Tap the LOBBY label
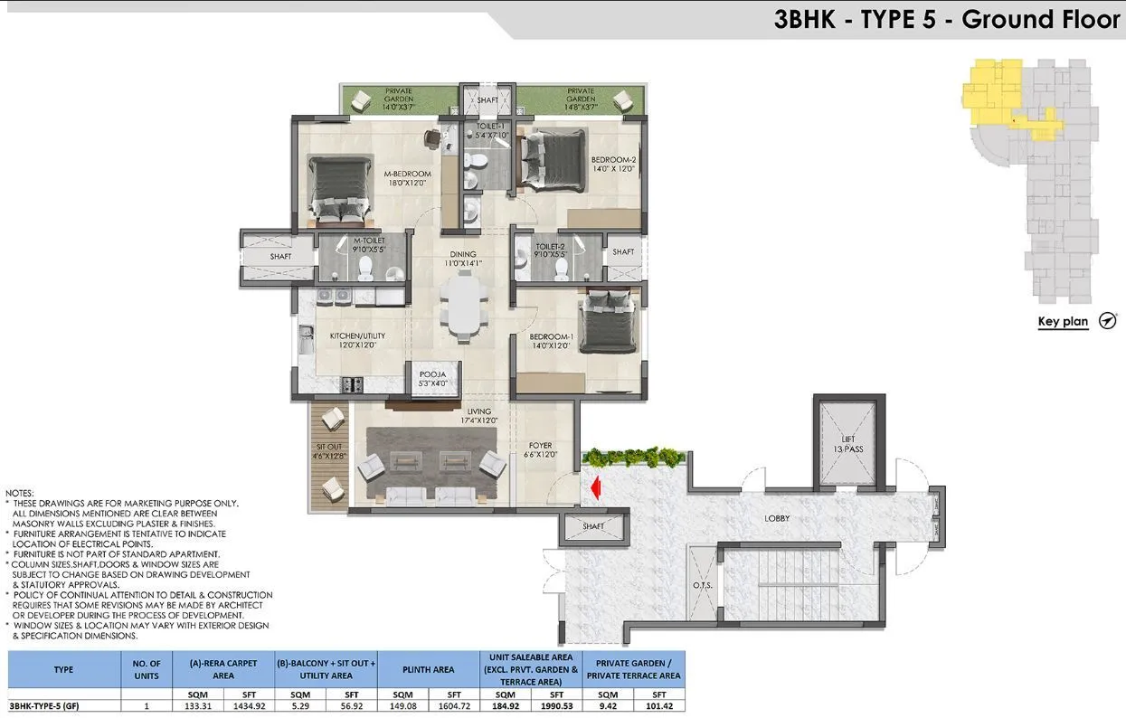click(776, 518)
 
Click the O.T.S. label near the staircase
click(702, 585)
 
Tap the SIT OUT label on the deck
click(330, 450)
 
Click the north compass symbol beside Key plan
click(1107, 321)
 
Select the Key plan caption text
click(1063, 322)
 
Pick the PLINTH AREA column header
click(430, 670)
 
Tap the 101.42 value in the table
click(658, 705)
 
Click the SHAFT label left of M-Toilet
click(280, 257)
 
